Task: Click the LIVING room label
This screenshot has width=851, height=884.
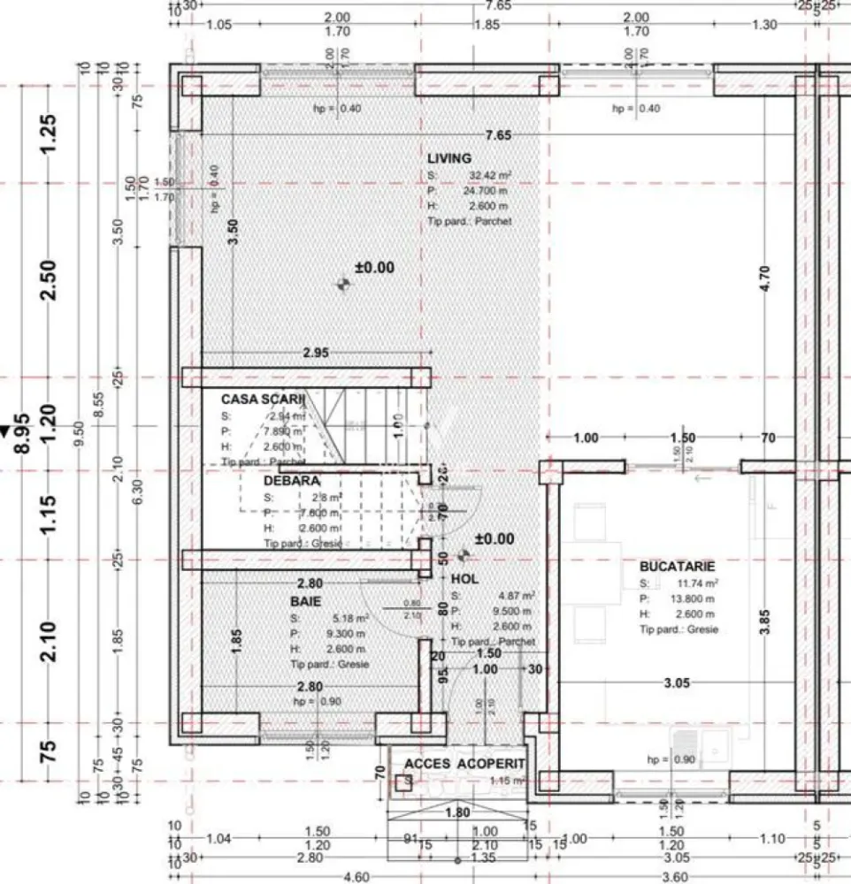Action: coord(448,159)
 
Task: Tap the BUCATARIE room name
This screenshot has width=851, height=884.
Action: coord(677,566)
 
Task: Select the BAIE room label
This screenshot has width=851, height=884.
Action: coord(305,601)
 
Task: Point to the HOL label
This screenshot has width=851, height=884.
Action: coord(464,579)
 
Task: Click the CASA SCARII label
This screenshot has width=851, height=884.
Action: coord(263,399)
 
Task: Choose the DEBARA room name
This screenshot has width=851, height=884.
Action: coord(292,482)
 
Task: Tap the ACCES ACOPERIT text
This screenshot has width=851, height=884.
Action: coord(465,764)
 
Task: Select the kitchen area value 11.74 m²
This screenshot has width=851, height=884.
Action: coord(698,583)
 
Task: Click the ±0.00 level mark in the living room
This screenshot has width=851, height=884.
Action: coord(374,267)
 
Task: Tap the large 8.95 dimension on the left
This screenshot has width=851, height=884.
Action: coord(24,433)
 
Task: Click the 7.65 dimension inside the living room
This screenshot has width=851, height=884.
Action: coord(498,135)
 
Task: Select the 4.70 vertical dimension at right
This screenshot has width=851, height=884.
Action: coord(766,278)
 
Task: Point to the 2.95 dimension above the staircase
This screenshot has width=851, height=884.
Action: coord(316,352)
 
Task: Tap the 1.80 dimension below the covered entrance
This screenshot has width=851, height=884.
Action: coord(457,812)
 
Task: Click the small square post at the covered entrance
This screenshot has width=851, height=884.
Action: coord(404,781)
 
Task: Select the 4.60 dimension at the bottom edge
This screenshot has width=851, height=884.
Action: coord(356,878)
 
